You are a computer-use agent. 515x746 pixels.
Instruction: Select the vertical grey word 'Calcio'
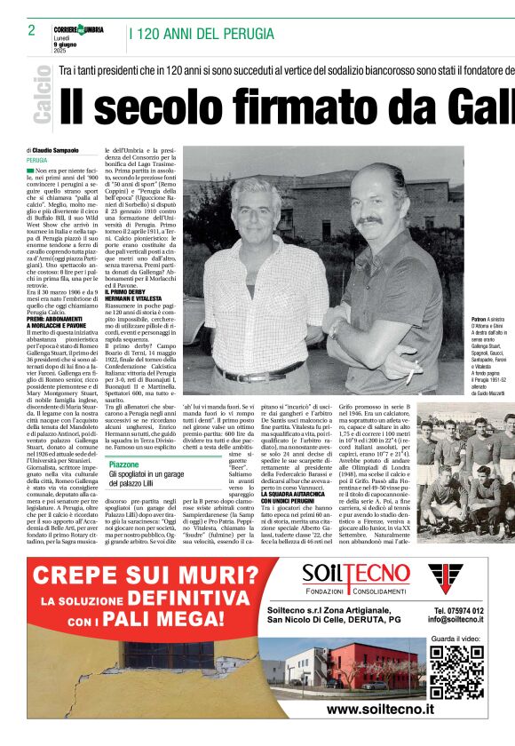[x=41, y=99]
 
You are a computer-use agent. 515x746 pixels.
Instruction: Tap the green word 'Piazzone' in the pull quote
[x=123, y=464]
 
